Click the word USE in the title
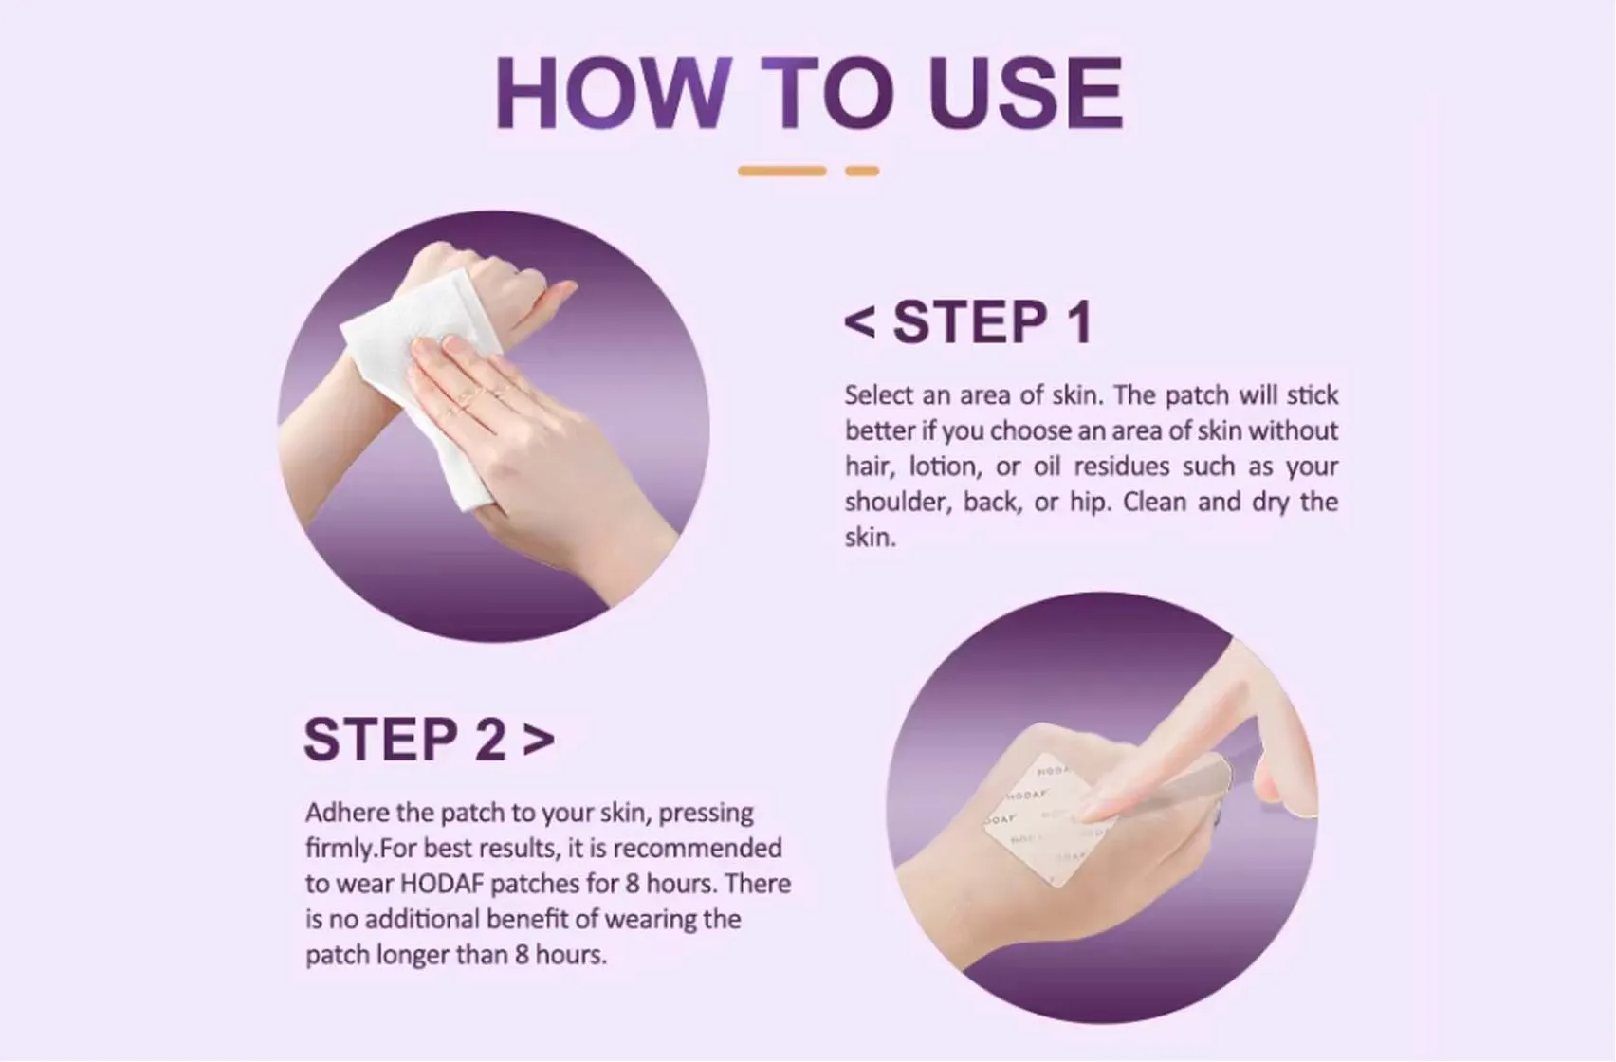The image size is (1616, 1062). (1026, 93)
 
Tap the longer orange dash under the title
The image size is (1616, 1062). (781, 172)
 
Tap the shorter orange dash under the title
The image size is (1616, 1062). (861, 172)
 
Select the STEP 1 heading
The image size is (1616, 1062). (992, 322)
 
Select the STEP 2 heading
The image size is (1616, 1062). (405, 740)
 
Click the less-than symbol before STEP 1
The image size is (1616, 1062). (859, 323)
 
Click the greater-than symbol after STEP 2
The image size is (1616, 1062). (539, 739)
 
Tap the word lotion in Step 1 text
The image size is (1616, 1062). (945, 467)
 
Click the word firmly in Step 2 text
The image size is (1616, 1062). (334, 849)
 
